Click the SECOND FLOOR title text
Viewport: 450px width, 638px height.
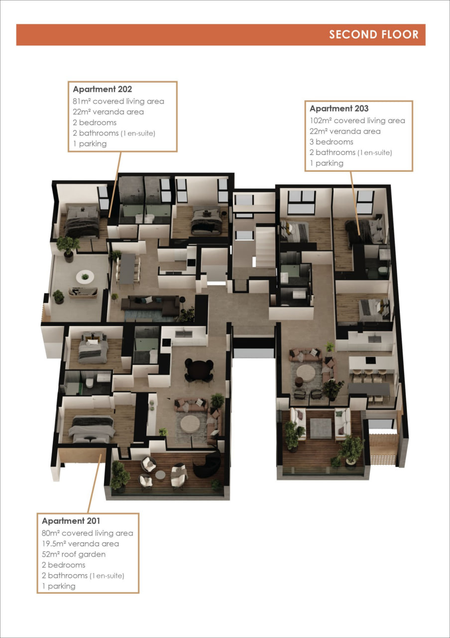click(373, 34)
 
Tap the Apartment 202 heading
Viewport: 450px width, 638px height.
click(103, 89)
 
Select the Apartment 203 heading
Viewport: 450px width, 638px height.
click(339, 109)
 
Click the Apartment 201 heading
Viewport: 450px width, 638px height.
click(71, 521)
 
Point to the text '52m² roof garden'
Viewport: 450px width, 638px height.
click(74, 554)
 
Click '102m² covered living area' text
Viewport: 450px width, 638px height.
click(357, 121)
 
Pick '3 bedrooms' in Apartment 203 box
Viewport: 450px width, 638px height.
click(332, 142)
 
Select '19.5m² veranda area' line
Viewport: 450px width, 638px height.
click(80, 544)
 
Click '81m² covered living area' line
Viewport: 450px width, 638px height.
click(118, 101)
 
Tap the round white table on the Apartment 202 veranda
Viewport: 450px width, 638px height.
click(85, 277)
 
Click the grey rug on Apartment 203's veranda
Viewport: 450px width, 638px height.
click(321, 428)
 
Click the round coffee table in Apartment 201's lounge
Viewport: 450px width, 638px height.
click(190, 423)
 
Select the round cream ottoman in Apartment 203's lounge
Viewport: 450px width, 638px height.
click(306, 372)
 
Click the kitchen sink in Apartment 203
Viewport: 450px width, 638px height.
click(374, 339)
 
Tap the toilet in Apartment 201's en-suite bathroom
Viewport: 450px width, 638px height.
click(89, 383)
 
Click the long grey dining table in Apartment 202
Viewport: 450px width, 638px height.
click(128, 269)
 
